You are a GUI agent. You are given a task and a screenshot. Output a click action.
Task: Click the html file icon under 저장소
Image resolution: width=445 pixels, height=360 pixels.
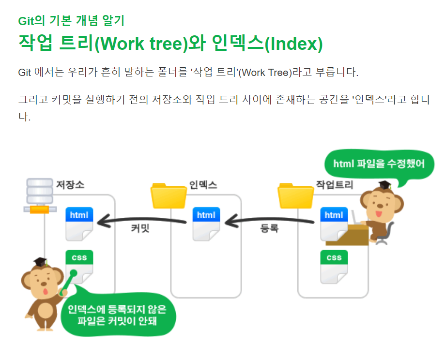(79, 224)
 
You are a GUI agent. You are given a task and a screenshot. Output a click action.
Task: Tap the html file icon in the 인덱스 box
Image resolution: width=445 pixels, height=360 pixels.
(206, 224)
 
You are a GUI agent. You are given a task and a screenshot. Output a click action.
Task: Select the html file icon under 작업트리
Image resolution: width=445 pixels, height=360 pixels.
(334, 224)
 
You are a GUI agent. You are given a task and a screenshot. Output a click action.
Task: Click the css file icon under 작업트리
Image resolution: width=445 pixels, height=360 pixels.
(334, 267)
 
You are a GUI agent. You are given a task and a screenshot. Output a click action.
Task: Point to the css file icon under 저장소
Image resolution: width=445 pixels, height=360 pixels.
(79, 266)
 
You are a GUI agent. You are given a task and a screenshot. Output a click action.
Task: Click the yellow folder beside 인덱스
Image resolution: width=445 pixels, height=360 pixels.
(169, 195)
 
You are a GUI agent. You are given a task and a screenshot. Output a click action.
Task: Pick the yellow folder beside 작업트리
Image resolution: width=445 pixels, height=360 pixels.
(295, 195)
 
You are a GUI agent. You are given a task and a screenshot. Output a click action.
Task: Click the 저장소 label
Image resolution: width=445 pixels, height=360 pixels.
(70, 185)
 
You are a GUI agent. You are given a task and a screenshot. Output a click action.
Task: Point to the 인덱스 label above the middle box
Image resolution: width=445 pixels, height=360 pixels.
(203, 185)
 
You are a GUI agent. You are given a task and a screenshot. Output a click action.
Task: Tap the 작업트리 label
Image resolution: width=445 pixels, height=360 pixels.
(335, 185)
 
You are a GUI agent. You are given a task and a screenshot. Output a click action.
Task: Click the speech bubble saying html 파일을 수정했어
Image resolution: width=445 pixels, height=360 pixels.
(379, 164)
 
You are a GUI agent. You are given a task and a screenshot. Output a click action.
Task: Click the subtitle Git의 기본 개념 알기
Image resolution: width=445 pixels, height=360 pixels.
(71, 21)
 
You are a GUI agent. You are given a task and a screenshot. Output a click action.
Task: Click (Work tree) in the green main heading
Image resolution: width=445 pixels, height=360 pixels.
(140, 44)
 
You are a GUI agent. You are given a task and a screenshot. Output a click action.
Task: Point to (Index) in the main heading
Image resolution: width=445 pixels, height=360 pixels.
(293, 44)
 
